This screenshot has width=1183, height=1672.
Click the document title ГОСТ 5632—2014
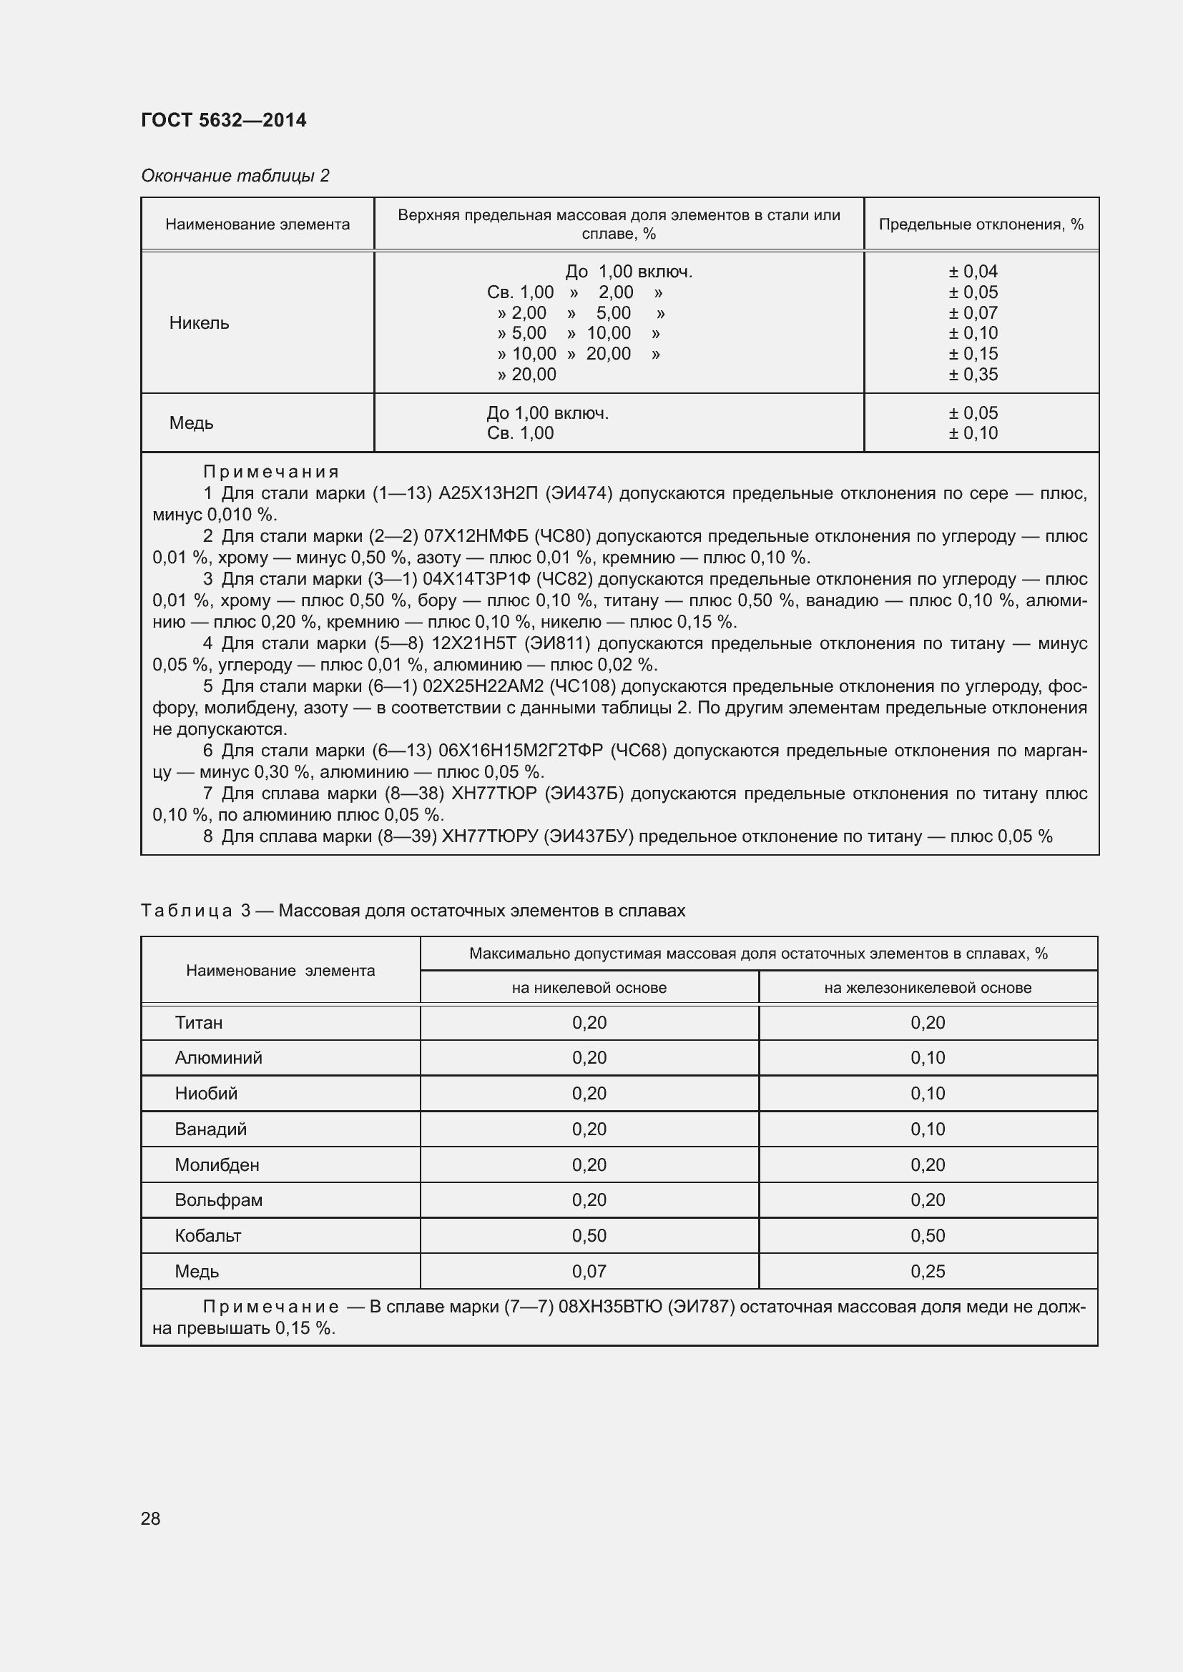224,120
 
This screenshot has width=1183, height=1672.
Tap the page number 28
151,1518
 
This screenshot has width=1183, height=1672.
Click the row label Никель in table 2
199,323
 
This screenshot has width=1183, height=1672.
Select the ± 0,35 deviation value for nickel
973,375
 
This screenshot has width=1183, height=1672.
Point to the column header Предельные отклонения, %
981,224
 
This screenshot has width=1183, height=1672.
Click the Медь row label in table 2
191,423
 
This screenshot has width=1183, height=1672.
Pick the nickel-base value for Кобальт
589,1235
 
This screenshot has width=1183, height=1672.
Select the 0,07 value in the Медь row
589,1271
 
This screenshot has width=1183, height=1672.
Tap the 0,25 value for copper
928,1271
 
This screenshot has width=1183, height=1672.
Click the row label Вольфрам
218,1199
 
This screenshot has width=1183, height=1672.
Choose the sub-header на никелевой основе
589,987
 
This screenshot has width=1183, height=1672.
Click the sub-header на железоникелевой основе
928,987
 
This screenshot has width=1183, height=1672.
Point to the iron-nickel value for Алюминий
928,1057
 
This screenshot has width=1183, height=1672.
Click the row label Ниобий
205,1093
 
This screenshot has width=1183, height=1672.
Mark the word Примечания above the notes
270,472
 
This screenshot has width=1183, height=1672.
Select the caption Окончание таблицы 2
235,176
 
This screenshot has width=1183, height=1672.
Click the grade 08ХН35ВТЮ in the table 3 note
609,1307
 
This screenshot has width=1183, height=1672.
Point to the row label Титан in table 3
198,1022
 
